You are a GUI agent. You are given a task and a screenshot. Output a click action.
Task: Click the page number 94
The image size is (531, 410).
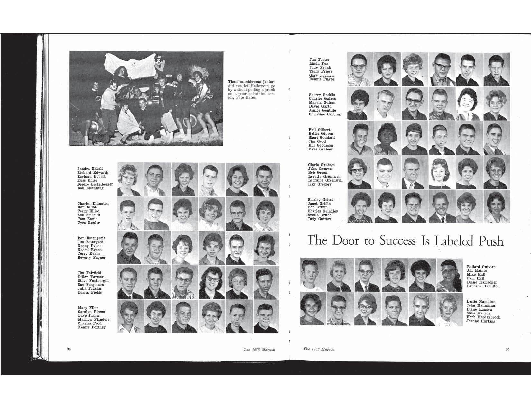coord(69,349)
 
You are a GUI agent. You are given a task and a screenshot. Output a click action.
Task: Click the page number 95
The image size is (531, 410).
coord(507,350)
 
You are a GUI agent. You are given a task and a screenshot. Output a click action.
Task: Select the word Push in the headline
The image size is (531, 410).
coord(491,241)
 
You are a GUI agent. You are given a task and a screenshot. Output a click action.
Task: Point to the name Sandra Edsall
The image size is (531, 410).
coord(90,169)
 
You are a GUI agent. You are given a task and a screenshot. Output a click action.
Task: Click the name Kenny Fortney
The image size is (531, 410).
coord(91,327)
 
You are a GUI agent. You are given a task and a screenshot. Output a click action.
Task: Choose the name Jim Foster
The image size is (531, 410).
coord(319,60)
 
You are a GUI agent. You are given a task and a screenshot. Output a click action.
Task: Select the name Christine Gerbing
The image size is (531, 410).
coord(324,114)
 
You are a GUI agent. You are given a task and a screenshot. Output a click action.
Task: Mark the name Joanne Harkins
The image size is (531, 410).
coord(480,321)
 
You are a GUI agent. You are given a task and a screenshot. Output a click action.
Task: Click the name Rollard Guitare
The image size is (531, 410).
coord(481,267)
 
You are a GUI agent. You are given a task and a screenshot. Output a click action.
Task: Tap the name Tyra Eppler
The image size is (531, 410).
coord(88,223)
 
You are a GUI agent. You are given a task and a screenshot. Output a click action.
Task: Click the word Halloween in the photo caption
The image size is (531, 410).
coord(260,86)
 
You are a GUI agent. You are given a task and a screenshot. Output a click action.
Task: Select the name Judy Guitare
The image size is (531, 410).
coord(320,219)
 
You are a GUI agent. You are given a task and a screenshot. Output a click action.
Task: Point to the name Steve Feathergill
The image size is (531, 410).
coord(93,281)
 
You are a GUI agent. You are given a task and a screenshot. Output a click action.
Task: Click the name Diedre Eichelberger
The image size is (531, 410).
coord(95,184)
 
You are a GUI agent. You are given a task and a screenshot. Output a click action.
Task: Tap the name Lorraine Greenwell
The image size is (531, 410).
coord(325,180)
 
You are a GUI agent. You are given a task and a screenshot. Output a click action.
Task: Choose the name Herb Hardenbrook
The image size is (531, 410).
coord(483,317)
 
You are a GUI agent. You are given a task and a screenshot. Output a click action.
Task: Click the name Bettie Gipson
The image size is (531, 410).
coord(321,134)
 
